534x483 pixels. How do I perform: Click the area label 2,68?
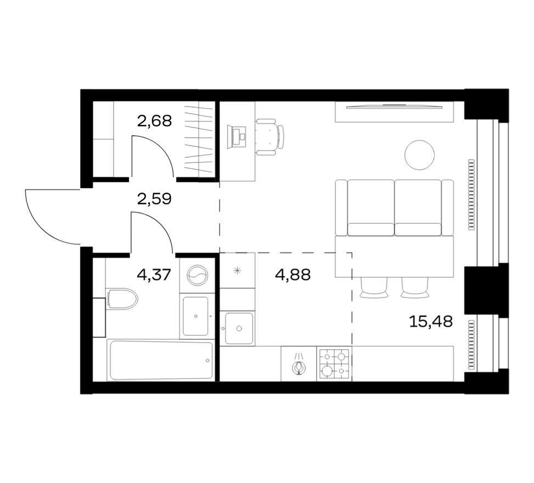tap(154, 121)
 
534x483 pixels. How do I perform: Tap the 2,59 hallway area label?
tap(154, 199)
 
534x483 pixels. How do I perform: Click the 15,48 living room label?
tap(431, 321)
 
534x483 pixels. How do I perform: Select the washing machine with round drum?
tap(196, 274)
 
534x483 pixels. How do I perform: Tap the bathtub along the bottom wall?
tap(161, 360)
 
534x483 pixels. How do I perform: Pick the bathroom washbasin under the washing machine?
tap(196, 316)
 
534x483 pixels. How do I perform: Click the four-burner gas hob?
tap(334, 363)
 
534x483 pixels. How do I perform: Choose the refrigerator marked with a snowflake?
tap(237, 270)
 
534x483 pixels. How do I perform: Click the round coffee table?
tap(419, 155)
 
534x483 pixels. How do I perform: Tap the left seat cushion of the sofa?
tap(370, 207)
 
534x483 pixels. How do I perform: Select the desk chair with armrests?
tap(269, 136)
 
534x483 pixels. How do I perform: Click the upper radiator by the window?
tap(470, 194)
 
